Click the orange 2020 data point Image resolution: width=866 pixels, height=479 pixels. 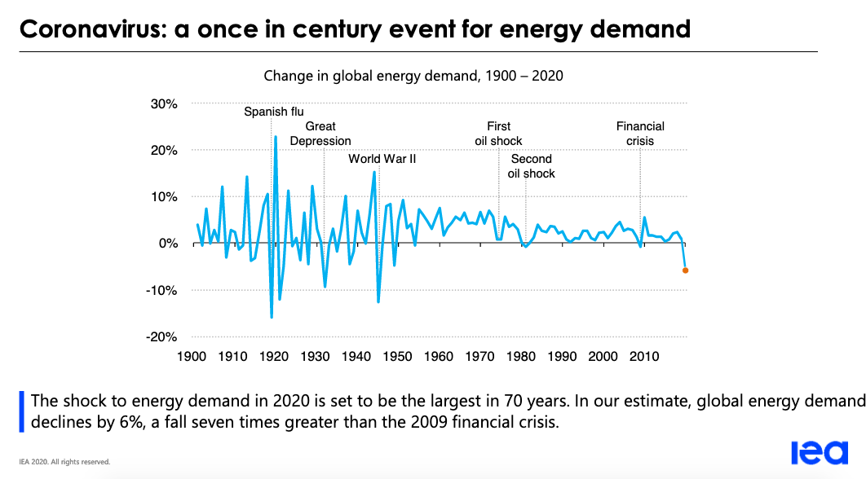click(685, 270)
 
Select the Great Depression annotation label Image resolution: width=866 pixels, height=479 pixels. click(320, 134)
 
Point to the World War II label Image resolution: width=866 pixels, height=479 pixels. click(382, 159)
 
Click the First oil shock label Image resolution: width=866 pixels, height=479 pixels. click(498, 134)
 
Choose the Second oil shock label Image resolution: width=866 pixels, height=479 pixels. click(531, 166)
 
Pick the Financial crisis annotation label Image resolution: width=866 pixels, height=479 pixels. click(640, 134)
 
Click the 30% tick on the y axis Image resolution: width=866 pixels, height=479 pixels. click(162, 104)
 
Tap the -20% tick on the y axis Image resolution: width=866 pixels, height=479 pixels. click(161, 337)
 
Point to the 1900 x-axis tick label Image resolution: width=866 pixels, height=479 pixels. click(191, 357)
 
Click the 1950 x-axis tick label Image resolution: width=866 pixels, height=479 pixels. click(397, 357)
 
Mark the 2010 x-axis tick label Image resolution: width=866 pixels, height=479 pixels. click(644, 357)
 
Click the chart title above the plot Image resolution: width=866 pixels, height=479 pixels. click(413, 76)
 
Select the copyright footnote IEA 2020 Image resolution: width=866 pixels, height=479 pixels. click(64, 462)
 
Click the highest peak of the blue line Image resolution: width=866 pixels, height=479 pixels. click(276, 137)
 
